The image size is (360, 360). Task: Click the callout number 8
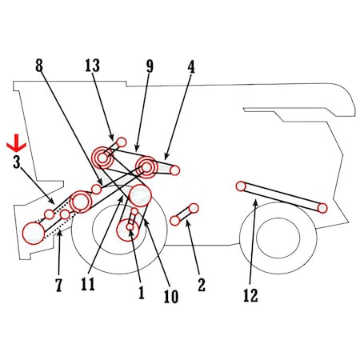39,66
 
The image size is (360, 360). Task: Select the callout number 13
93,66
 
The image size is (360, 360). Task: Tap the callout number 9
150,66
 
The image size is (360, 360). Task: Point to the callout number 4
191,66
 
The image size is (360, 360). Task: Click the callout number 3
17,162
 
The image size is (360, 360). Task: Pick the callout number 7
59,285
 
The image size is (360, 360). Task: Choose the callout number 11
88,284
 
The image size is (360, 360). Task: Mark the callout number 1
142,292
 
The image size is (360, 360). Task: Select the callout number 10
171,297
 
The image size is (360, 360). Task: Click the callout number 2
202,285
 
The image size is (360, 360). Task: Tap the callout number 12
250,295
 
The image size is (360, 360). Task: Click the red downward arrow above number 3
17,143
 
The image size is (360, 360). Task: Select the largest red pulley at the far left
34,234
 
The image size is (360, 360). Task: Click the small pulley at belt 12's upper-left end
241,186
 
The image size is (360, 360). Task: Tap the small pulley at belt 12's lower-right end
322,208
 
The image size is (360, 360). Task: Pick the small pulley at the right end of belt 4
174,170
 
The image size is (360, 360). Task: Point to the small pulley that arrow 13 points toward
122,142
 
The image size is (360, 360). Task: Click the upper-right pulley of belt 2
194,208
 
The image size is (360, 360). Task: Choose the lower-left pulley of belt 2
174,221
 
